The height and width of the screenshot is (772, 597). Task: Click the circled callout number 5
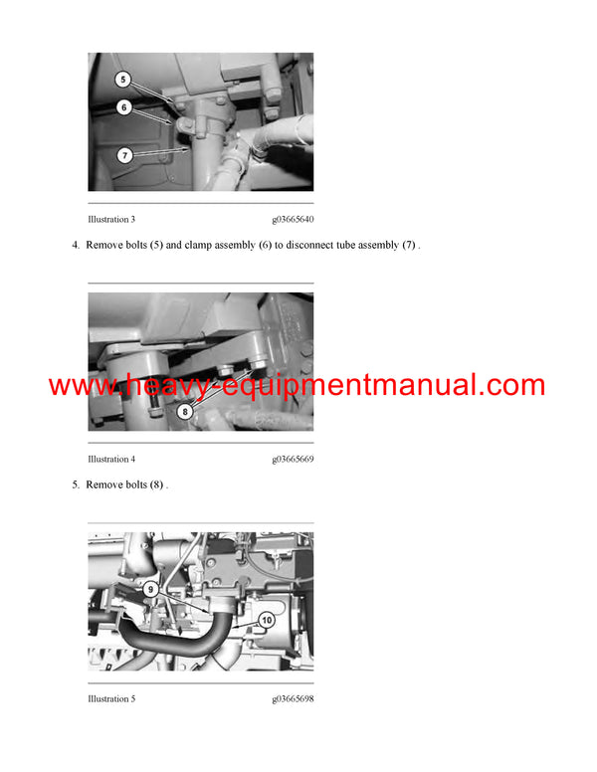123,80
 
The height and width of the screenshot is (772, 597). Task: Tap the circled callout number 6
124,107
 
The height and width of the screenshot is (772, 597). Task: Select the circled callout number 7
124,155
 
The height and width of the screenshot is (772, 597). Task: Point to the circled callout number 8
185,411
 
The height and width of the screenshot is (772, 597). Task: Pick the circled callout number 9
150,589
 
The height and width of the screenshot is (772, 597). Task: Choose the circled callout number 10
267,620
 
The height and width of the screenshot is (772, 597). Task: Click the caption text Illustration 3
111,219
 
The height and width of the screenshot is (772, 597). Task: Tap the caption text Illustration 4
111,459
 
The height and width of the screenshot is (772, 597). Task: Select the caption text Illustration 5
111,698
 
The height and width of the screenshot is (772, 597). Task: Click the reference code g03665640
293,219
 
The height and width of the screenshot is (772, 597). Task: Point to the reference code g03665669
293,459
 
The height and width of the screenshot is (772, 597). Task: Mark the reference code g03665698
293,698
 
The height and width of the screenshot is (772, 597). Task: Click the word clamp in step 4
198,245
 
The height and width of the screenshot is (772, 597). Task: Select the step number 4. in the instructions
76,245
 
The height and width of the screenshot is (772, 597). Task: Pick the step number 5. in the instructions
76,484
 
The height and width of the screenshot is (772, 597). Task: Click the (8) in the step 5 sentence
156,484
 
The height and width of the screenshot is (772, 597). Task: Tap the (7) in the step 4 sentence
409,245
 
